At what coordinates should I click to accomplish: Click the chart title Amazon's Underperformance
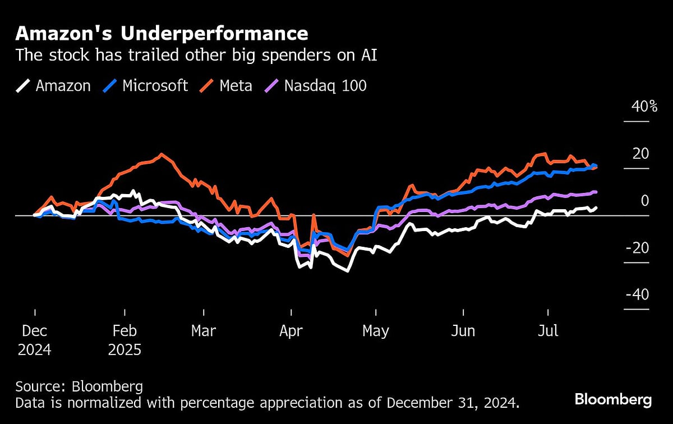(162, 34)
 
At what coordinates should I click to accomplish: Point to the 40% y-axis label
(644, 106)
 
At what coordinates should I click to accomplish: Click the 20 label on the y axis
(641, 153)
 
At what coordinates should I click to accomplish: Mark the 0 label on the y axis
(644, 200)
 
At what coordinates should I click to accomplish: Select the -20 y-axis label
(638, 247)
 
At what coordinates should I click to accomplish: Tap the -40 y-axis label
(638, 294)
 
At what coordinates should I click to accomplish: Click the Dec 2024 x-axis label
(34, 340)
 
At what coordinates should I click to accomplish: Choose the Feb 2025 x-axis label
(125, 340)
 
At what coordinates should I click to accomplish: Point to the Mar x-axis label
(203, 331)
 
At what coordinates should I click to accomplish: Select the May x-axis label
(375, 331)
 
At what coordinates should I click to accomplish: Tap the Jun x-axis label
(463, 331)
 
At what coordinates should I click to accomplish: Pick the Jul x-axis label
(548, 331)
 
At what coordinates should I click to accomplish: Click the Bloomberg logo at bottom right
(613, 399)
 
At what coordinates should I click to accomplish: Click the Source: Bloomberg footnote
(79, 386)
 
